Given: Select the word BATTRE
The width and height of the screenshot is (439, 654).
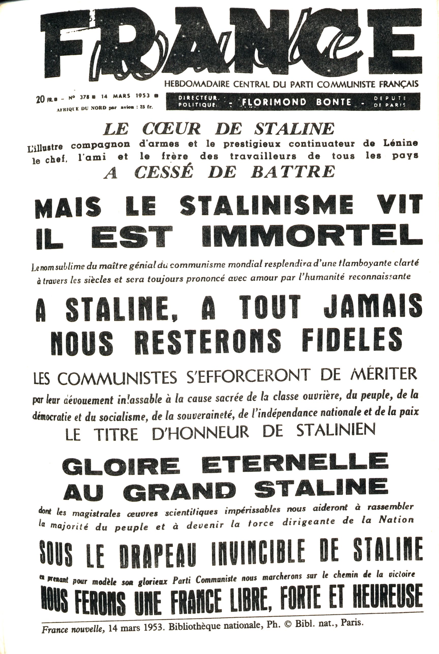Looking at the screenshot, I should (x=293, y=172).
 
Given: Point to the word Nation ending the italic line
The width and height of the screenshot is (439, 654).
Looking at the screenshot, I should (x=396, y=520).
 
